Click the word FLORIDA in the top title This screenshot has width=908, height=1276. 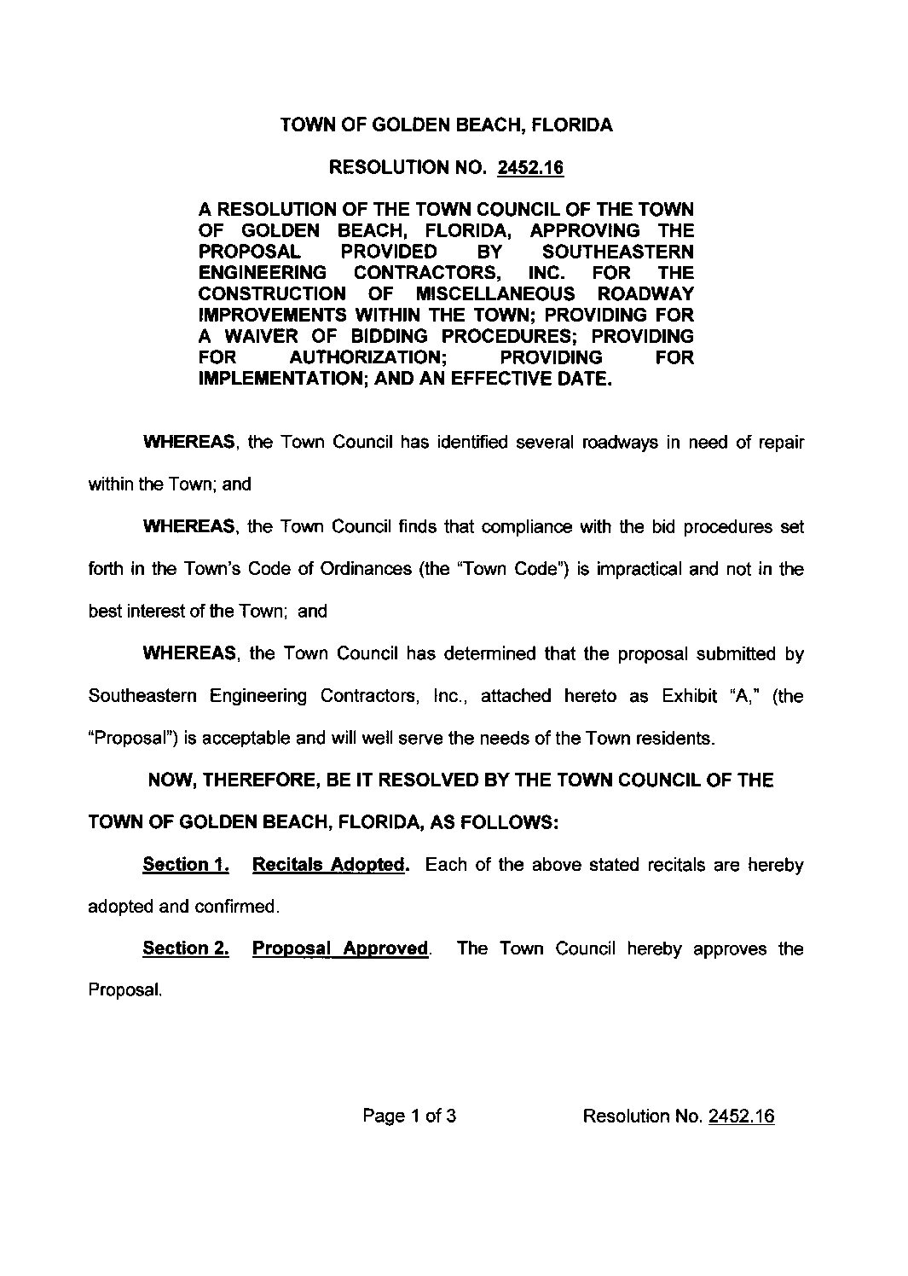pyautogui.click(x=572, y=125)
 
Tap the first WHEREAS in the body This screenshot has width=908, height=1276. pyautogui.click(x=189, y=443)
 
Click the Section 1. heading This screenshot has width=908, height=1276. pyautogui.click(x=186, y=865)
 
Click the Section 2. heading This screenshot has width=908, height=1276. pyautogui.click(x=186, y=948)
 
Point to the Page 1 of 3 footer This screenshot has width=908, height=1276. pyautogui.click(x=409, y=1116)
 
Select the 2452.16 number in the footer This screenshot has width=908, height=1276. pyautogui.click(x=741, y=1116)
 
